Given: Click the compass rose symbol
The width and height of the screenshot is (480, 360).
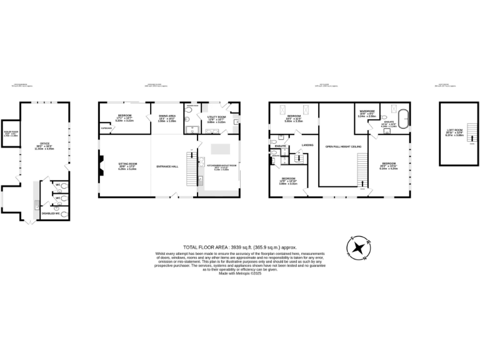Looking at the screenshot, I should pyautogui.click(x=359, y=248).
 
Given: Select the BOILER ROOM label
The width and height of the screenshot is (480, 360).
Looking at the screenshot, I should pyautogui.click(x=10, y=132).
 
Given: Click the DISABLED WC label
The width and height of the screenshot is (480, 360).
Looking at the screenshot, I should pyautogui.click(x=49, y=214).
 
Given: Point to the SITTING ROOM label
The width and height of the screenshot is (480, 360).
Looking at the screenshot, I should pyautogui.click(x=127, y=164).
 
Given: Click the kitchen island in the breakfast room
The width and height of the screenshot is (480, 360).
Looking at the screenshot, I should pyautogui.click(x=219, y=148).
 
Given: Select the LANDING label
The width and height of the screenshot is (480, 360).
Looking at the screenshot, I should pyautogui.click(x=306, y=145).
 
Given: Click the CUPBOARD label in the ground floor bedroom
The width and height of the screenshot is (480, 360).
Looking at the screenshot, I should pyautogui.click(x=106, y=128).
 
